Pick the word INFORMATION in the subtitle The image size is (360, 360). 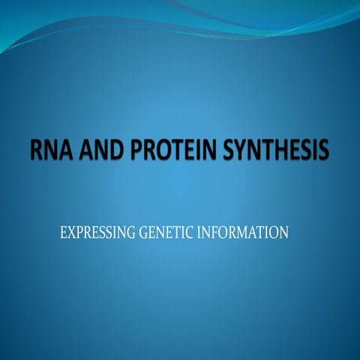pos(243,232)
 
